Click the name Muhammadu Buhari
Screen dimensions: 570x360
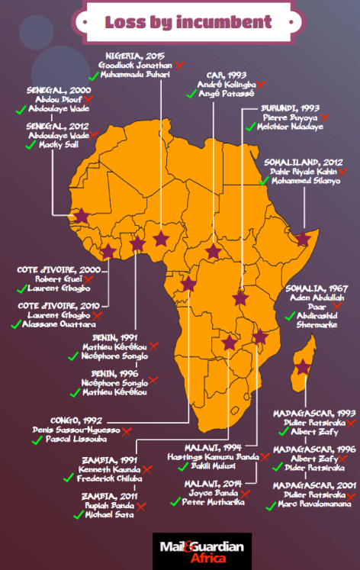tap(135, 76)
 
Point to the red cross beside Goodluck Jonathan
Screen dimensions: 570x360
tap(178, 66)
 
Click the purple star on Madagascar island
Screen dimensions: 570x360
tap(304, 367)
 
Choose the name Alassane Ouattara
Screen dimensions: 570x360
tap(59, 324)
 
